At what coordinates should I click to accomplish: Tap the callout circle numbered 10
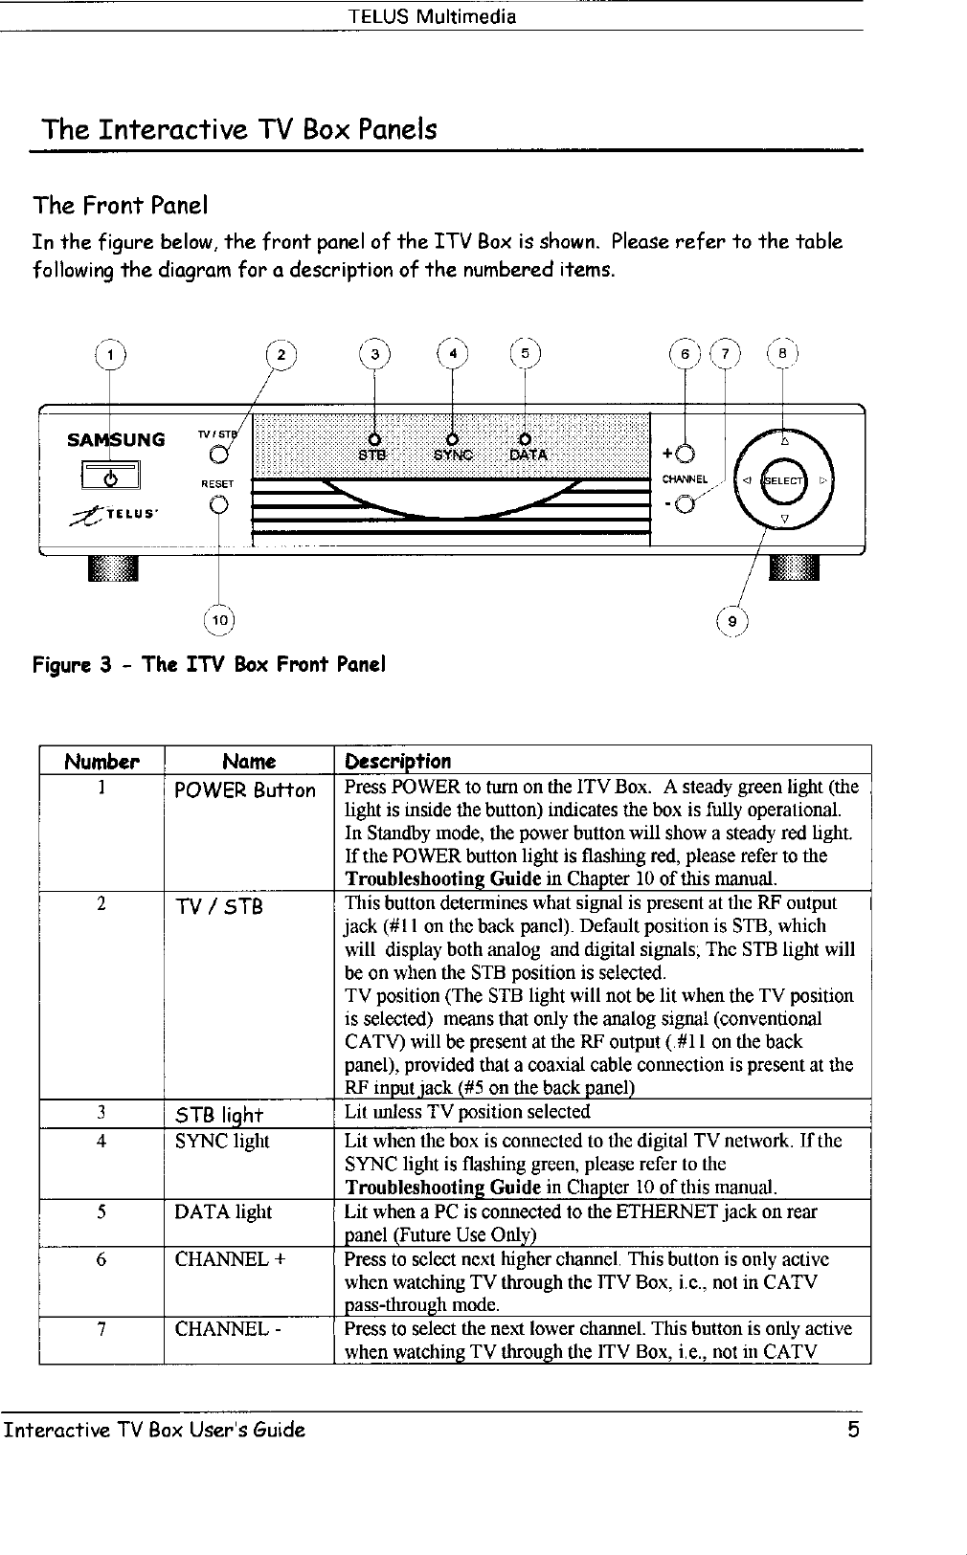tap(219, 620)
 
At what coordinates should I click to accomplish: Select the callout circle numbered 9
tap(732, 620)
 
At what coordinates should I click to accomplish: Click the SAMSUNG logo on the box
tap(115, 440)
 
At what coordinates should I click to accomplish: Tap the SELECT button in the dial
tap(784, 480)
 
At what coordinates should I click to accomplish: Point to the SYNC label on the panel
tap(453, 455)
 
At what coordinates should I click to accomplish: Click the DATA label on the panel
tap(528, 455)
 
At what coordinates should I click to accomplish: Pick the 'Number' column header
tap(101, 762)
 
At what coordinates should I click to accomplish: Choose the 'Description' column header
tap(397, 762)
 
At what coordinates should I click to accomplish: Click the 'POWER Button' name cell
tap(244, 790)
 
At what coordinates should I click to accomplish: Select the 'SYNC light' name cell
tap(222, 1141)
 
